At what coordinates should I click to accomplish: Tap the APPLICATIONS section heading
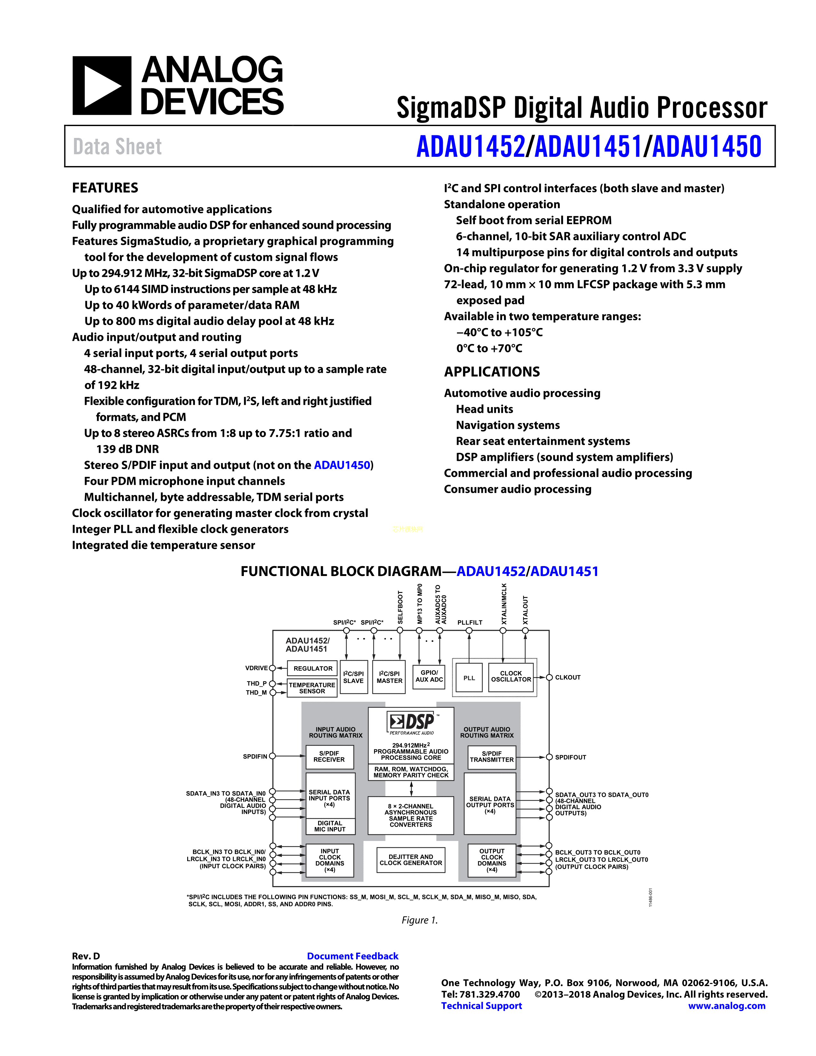[492, 372]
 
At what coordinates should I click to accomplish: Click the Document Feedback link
[352, 956]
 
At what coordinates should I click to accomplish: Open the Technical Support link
[482, 1006]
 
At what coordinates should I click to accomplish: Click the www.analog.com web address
[727, 1006]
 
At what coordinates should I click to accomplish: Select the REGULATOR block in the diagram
[313, 668]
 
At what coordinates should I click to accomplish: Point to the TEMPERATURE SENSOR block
[312, 688]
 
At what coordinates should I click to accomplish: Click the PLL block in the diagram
[469, 678]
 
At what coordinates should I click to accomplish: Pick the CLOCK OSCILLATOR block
[511, 676]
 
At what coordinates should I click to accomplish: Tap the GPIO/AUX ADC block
[429, 676]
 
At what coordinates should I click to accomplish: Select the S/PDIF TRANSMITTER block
[492, 757]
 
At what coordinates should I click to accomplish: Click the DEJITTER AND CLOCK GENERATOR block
[411, 860]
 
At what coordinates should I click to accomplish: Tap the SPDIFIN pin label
[255, 756]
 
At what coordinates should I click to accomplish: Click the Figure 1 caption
[420, 920]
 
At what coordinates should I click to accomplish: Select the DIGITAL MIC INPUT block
[330, 826]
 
